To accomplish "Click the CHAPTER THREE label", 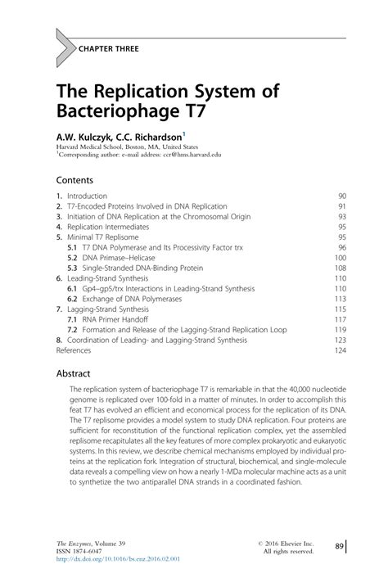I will (x=109, y=49).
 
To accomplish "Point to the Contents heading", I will (x=74, y=179).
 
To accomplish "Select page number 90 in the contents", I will (x=342, y=196).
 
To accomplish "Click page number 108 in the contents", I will (x=341, y=268).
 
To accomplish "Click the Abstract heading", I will (x=72, y=372).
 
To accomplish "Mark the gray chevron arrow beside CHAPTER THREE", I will (x=63, y=49).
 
